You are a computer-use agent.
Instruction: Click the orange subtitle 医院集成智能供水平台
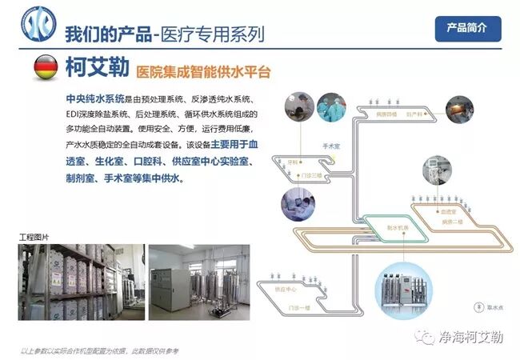(203, 72)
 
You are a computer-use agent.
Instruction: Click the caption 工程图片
(34, 237)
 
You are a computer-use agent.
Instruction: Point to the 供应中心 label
(286, 288)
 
